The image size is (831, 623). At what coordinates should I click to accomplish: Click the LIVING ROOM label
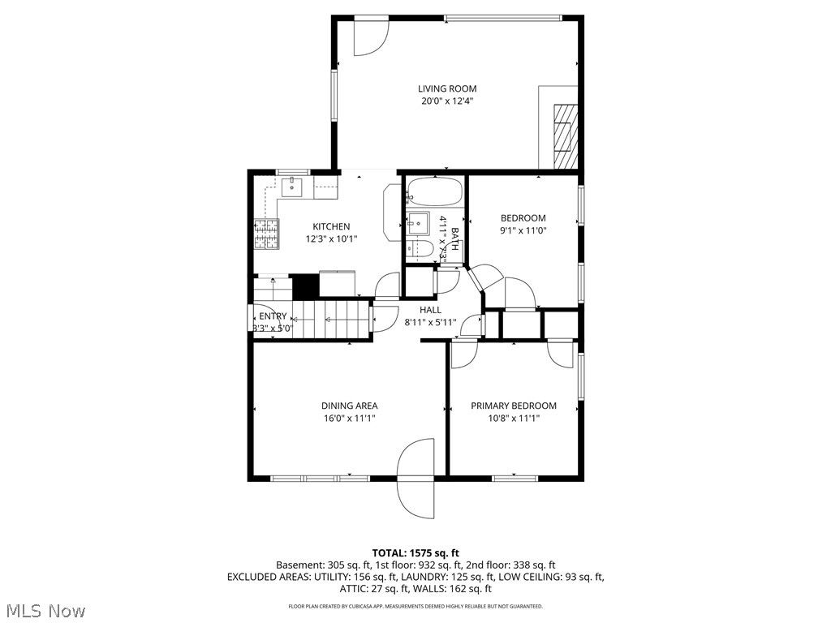coord(447,88)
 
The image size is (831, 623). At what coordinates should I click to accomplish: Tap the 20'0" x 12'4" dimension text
coord(447,101)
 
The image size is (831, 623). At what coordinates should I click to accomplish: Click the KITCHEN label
coord(331,226)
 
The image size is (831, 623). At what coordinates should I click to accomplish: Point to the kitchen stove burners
coord(265,234)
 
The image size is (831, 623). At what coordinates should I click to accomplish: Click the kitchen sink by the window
coord(291,187)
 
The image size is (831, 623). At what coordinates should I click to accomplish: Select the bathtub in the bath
coord(434,193)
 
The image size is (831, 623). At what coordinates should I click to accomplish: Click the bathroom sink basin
coord(419,222)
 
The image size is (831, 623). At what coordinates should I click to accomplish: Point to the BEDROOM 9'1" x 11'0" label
coord(523,224)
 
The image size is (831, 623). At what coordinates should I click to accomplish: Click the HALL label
coord(430,310)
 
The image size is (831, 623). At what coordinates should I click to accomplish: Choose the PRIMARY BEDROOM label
coord(514,406)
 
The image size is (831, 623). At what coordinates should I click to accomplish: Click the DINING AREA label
coord(349,406)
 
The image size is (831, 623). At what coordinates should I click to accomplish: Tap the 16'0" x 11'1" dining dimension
coord(349,419)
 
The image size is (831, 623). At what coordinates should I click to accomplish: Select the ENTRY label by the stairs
coord(273,316)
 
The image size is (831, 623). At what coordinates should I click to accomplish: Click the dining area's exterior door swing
coord(417,474)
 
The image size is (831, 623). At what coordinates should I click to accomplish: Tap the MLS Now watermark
coord(45,610)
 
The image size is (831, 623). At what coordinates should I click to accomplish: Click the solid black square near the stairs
coord(304,286)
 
